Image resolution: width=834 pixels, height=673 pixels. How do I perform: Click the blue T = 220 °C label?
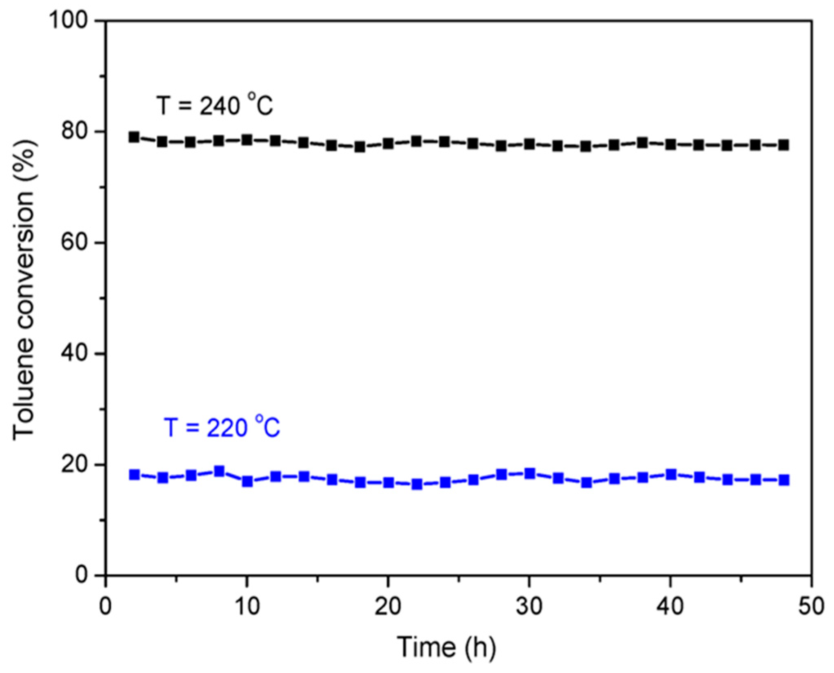(x=222, y=428)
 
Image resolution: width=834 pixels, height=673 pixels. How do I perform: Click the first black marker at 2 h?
(x=134, y=137)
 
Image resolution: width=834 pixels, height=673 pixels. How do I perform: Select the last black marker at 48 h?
(x=783, y=145)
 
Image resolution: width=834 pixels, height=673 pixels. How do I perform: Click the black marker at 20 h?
(x=388, y=144)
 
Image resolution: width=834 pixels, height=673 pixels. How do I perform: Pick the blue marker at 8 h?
(x=219, y=471)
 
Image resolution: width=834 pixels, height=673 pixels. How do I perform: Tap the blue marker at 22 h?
(x=417, y=484)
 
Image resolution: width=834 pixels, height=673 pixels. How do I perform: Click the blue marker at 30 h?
(x=530, y=474)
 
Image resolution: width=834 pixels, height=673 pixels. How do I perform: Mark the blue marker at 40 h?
(x=671, y=474)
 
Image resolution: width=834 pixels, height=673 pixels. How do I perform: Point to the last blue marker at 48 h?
(x=783, y=480)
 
